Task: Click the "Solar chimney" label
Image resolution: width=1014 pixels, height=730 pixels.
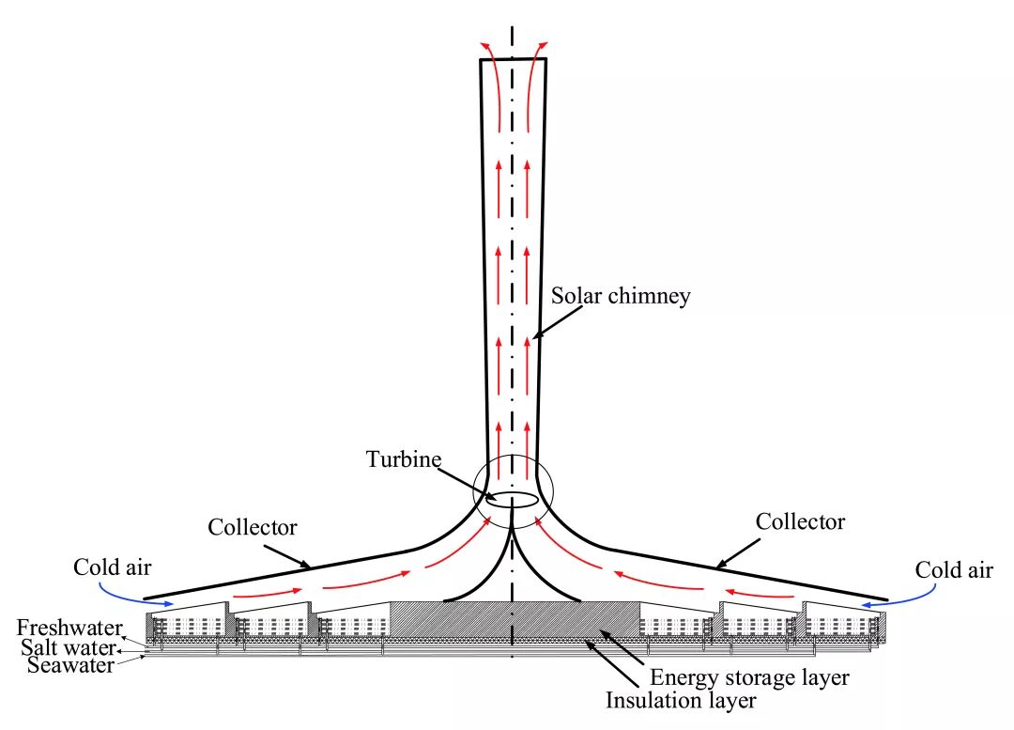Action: (621, 296)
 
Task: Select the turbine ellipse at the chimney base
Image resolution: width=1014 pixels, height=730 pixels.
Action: (513, 499)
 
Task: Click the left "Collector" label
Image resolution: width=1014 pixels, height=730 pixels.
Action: (253, 527)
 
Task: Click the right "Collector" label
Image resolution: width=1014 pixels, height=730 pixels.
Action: (801, 520)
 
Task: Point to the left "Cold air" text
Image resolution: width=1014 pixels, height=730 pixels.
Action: (112, 567)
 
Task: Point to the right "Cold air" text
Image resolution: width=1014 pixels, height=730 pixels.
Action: (953, 569)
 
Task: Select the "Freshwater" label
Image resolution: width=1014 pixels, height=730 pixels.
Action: (64, 627)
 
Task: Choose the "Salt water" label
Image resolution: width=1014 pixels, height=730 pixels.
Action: (68, 646)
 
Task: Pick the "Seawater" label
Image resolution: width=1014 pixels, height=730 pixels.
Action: (70, 665)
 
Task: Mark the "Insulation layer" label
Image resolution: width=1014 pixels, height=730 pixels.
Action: (681, 700)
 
